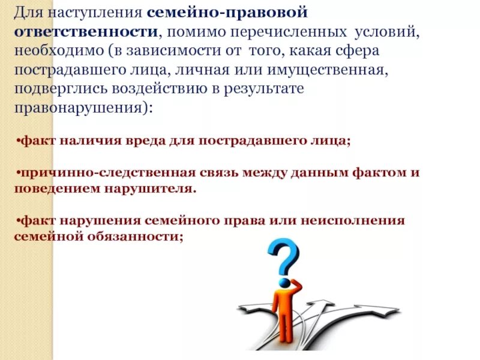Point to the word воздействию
tap(174, 89)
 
